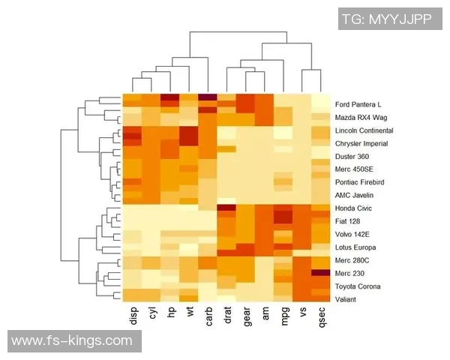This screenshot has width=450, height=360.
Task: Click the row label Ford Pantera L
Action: coord(358,104)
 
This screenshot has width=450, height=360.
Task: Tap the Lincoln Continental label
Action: coord(364,130)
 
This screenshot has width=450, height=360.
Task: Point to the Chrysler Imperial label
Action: coord(362,143)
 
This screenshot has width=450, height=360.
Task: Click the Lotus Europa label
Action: coord(355,247)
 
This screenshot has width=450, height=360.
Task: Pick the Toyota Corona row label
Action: coord(358,286)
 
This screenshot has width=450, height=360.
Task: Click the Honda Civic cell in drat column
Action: coord(226,208)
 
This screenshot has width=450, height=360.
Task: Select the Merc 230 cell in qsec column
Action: coord(320,273)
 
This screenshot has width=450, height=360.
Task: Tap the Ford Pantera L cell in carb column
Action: coord(208,98)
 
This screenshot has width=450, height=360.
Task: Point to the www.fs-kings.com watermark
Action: coord(72,341)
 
